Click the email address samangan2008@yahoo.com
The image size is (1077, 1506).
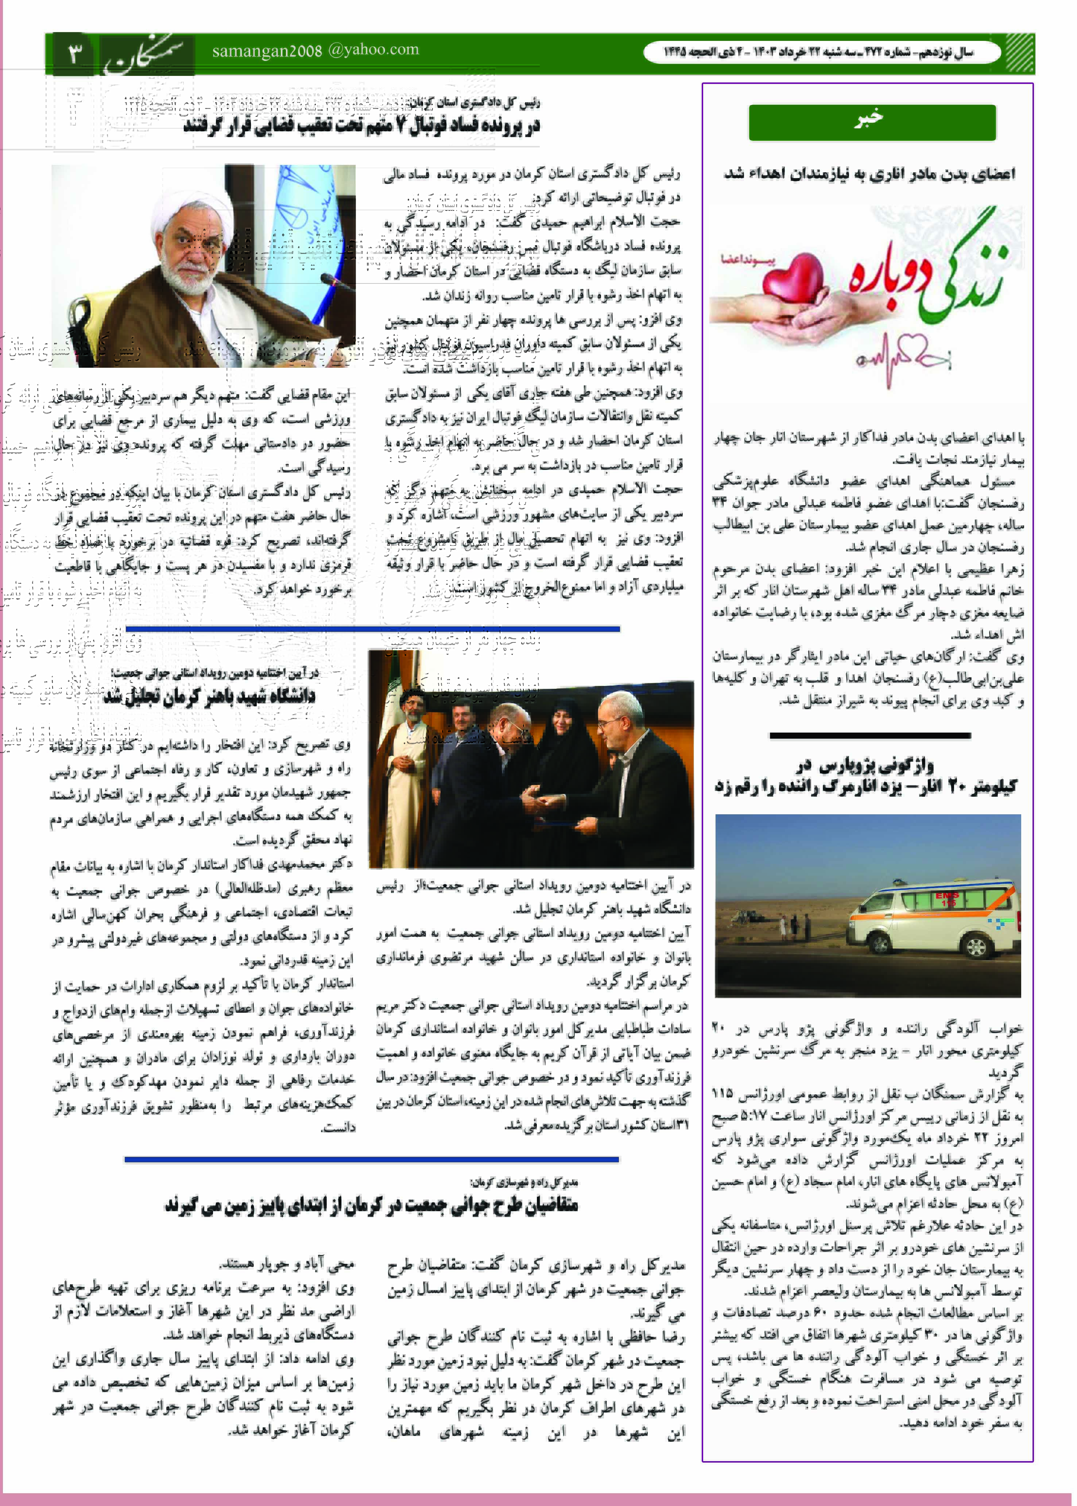[316, 50]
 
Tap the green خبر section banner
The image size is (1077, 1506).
[871, 121]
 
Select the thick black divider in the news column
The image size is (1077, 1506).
[869, 735]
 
